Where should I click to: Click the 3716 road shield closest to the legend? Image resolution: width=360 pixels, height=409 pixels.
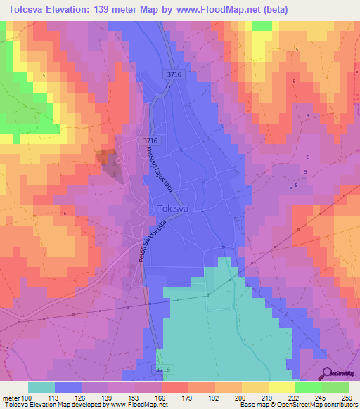tap(163, 370)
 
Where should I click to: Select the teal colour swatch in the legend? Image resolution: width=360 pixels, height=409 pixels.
tap(41, 387)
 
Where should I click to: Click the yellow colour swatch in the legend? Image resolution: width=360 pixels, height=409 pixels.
tap(281, 387)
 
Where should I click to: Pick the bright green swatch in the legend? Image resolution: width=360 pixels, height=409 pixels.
tap(308, 387)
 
